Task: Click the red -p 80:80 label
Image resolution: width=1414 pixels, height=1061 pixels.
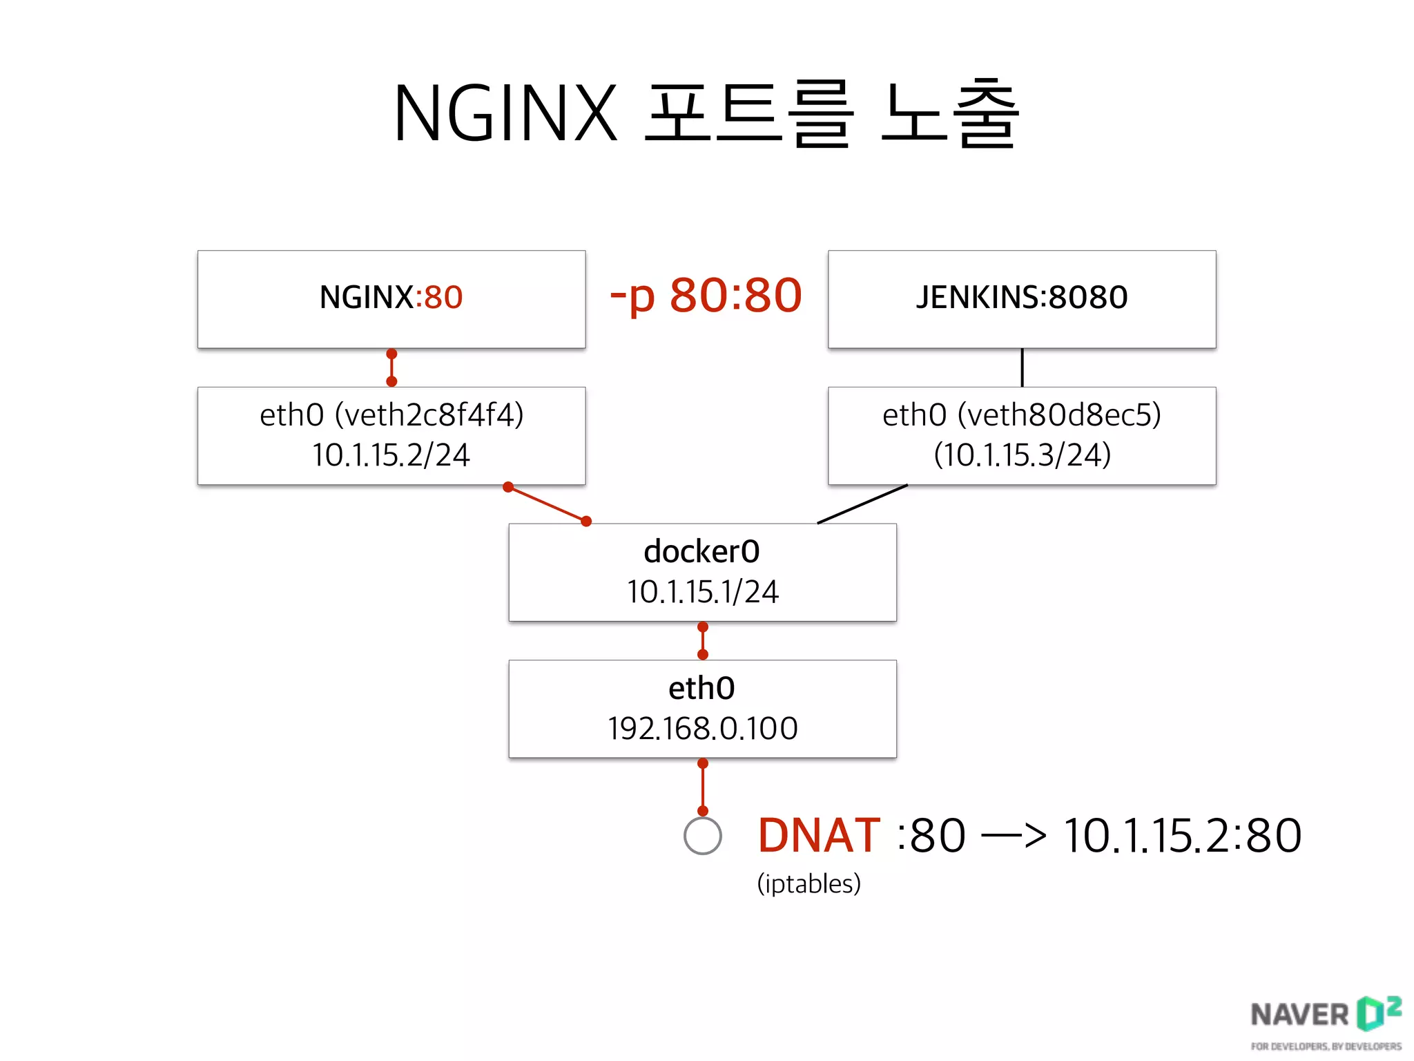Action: (706, 296)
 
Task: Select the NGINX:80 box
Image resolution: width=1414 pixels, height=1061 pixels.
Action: (391, 298)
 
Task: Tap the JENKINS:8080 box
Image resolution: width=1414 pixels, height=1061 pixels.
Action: (1022, 298)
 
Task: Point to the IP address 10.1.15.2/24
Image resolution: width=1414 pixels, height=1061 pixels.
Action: (391, 455)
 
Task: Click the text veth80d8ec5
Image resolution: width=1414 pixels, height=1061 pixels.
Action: (1059, 415)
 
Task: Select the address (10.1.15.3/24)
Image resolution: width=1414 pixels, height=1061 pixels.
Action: (1022, 455)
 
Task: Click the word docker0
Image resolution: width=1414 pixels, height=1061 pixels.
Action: (701, 551)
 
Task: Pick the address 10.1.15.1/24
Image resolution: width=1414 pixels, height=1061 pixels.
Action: (702, 592)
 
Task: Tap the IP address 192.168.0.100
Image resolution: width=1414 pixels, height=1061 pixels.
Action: (702, 729)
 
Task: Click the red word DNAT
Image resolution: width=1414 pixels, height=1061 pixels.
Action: (819, 836)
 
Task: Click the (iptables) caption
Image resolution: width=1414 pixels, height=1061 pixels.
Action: (808, 883)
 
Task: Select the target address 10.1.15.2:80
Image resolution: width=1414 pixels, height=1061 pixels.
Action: (1182, 836)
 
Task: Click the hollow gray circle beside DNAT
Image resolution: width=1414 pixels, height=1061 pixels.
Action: (702, 836)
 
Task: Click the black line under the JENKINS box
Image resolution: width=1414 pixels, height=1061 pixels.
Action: (1022, 367)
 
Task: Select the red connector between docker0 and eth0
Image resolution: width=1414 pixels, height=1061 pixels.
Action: (702, 641)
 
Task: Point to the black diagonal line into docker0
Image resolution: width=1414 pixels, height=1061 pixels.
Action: (862, 504)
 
